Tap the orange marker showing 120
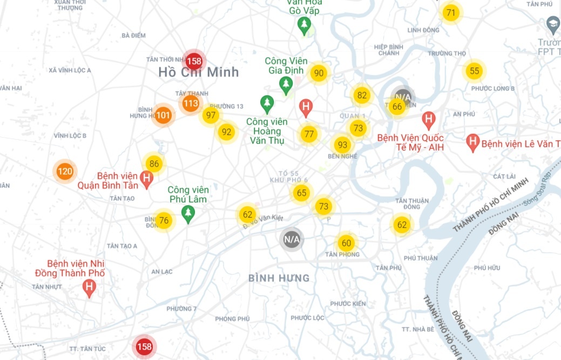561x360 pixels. tap(65, 172)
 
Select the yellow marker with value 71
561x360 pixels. tap(451, 13)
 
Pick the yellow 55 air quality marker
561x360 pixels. tap(474, 71)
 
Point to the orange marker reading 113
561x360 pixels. tap(190, 103)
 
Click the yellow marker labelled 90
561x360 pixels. tap(319, 73)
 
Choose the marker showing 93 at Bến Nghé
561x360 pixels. tap(342, 145)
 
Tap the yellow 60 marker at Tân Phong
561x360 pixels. tap(346, 243)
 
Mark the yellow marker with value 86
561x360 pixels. tap(154, 164)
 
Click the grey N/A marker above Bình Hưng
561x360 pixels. tap(292, 239)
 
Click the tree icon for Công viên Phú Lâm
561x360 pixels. tap(188, 214)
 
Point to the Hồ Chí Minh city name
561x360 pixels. tap(199, 72)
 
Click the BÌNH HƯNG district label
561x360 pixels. tap(279, 279)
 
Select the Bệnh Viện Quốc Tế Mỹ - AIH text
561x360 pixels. tap(410, 142)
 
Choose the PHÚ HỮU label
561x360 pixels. tap(487, 268)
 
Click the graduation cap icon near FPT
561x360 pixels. tap(553, 24)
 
